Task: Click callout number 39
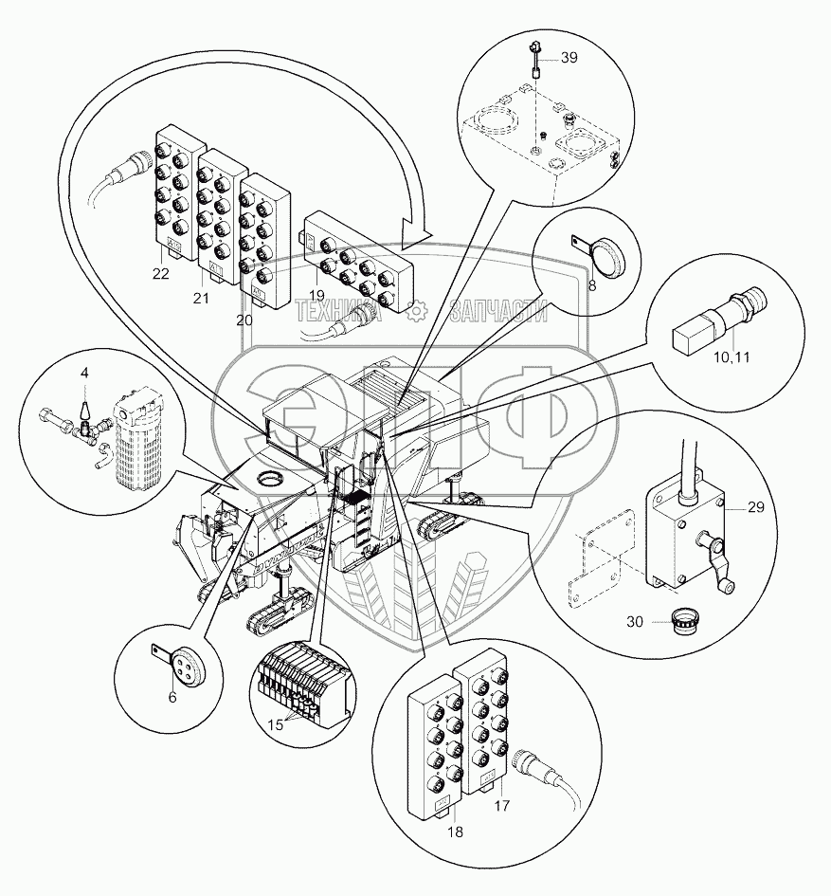[569, 58]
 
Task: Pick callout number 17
[503, 806]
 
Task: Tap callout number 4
[84, 373]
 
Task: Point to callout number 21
[202, 299]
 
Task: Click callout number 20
[244, 320]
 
